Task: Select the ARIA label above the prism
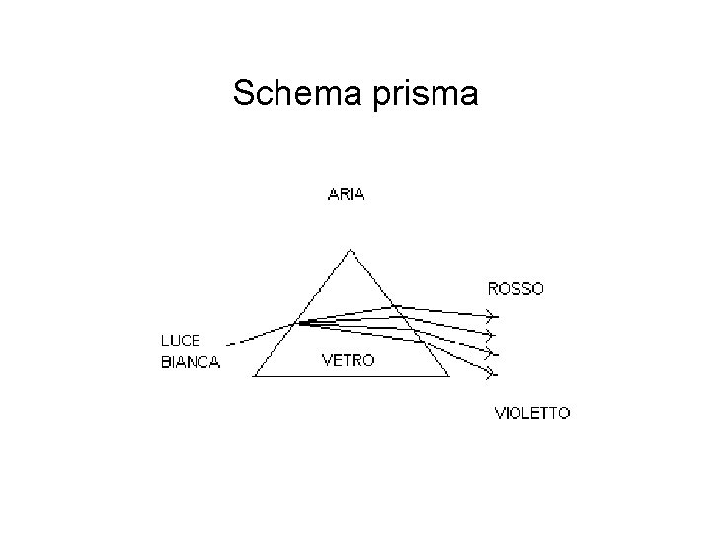pyautogui.click(x=346, y=194)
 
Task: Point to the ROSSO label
pyautogui.click(x=515, y=289)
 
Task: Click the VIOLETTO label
pyautogui.click(x=531, y=413)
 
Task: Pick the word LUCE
pyautogui.click(x=181, y=342)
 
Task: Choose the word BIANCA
pyautogui.click(x=190, y=362)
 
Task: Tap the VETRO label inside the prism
pyautogui.click(x=349, y=361)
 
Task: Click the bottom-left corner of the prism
pyautogui.click(x=255, y=376)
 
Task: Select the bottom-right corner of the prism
pyautogui.click(x=448, y=376)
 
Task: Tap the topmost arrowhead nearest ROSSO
pyautogui.click(x=488, y=316)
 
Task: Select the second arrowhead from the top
pyautogui.click(x=488, y=334)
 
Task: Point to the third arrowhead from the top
pyautogui.click(x=488, y=352)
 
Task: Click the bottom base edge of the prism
pyautogui.click(x=352, y=376)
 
